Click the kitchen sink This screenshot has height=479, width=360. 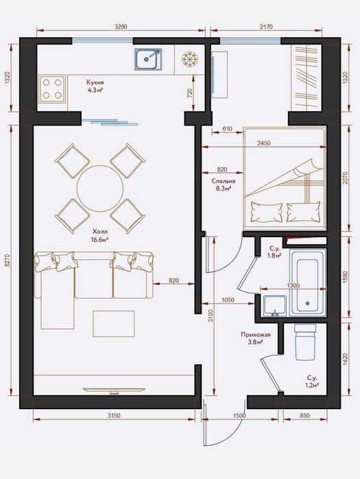pyautogui.click(x=148, y=59)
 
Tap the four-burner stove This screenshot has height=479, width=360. pyautogui.click(x=52, y=89)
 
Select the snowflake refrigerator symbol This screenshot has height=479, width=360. pyautogui.click(x=190, y=59)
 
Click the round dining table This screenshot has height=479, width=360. pyautogui.click(x=100, y=188)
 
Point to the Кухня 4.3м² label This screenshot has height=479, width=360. pyautogui.click(x=95, y=86)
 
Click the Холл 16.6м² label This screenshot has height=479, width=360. pyautogui.click(x=100, y=236)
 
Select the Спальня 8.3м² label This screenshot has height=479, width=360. pyautogui.click(x=224, y=184)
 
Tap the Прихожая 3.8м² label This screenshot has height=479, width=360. pyautogui.click(x=256, y=338)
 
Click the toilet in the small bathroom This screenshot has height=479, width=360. pyautogui.click(x=305, y=342)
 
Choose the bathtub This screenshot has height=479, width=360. pyautogui.click(x=309, y=282)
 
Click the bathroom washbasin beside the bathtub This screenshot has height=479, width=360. pyautogui.click(x=275, y=305)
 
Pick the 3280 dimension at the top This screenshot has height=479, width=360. pyautogui.click(x=121, y=27)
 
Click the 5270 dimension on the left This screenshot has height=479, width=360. pyautogui.click(x=8, y=260)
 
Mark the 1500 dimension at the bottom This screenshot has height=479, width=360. pyautogui.click(x=239, y=415)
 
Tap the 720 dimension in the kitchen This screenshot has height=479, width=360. pyautogui.click(x=189, y=93)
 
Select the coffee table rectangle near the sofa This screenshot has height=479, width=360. pyautogui.click(x=114, y=323)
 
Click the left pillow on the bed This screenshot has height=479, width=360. pyautogui.click(x=266, y=212)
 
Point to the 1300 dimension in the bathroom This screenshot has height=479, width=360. pyautogui.click(x=293, y=285)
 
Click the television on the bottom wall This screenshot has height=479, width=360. pyautogui.click(x=114, y=390)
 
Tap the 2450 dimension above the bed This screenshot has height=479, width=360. pyautogui.click(x=264, y=143)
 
